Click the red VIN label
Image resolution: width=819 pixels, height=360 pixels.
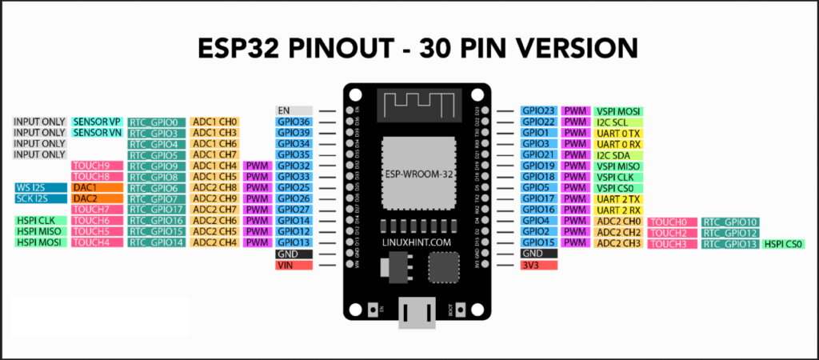point(294,265)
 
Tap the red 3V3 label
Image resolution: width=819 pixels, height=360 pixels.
point(538,265)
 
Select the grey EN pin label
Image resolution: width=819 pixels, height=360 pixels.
point(294,110)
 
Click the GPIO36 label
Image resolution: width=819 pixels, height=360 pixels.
point(294,122)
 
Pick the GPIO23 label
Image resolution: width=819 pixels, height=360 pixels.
point(538,111)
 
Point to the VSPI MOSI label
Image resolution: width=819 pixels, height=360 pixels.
point(619,111)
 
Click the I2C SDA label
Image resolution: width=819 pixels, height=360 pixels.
point(619,154)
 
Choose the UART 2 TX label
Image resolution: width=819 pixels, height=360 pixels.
point(619,198)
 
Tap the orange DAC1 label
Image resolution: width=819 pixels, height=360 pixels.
point(97,187)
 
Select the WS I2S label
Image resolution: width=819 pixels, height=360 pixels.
point(40,187)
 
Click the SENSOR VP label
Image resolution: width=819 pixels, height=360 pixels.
point(97,122)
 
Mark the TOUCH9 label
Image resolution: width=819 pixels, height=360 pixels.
point(97,166)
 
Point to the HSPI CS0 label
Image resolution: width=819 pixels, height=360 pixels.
point(783,243)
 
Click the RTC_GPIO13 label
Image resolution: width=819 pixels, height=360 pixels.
point(729,243)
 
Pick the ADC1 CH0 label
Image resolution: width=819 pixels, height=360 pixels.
point(214,122)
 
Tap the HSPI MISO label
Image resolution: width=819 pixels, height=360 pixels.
point(40,231)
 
